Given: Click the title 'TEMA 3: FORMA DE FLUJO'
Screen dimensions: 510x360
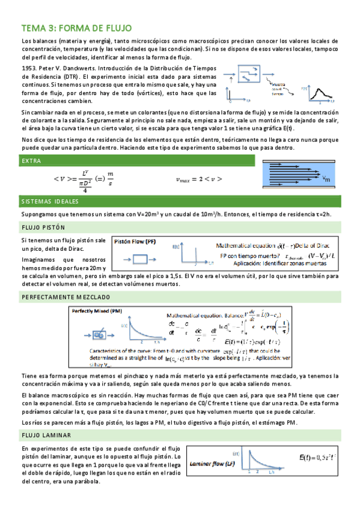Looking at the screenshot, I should pyautogui.click(x=76, y=28).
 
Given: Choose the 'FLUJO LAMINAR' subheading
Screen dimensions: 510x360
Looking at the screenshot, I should pyautogui.click(x=46, y=434).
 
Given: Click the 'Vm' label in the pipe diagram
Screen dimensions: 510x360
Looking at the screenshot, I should pyautogui.click(x=326, y=179).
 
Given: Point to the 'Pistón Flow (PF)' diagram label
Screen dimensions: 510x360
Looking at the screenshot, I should pyautogui.click(x=135, y=242).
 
